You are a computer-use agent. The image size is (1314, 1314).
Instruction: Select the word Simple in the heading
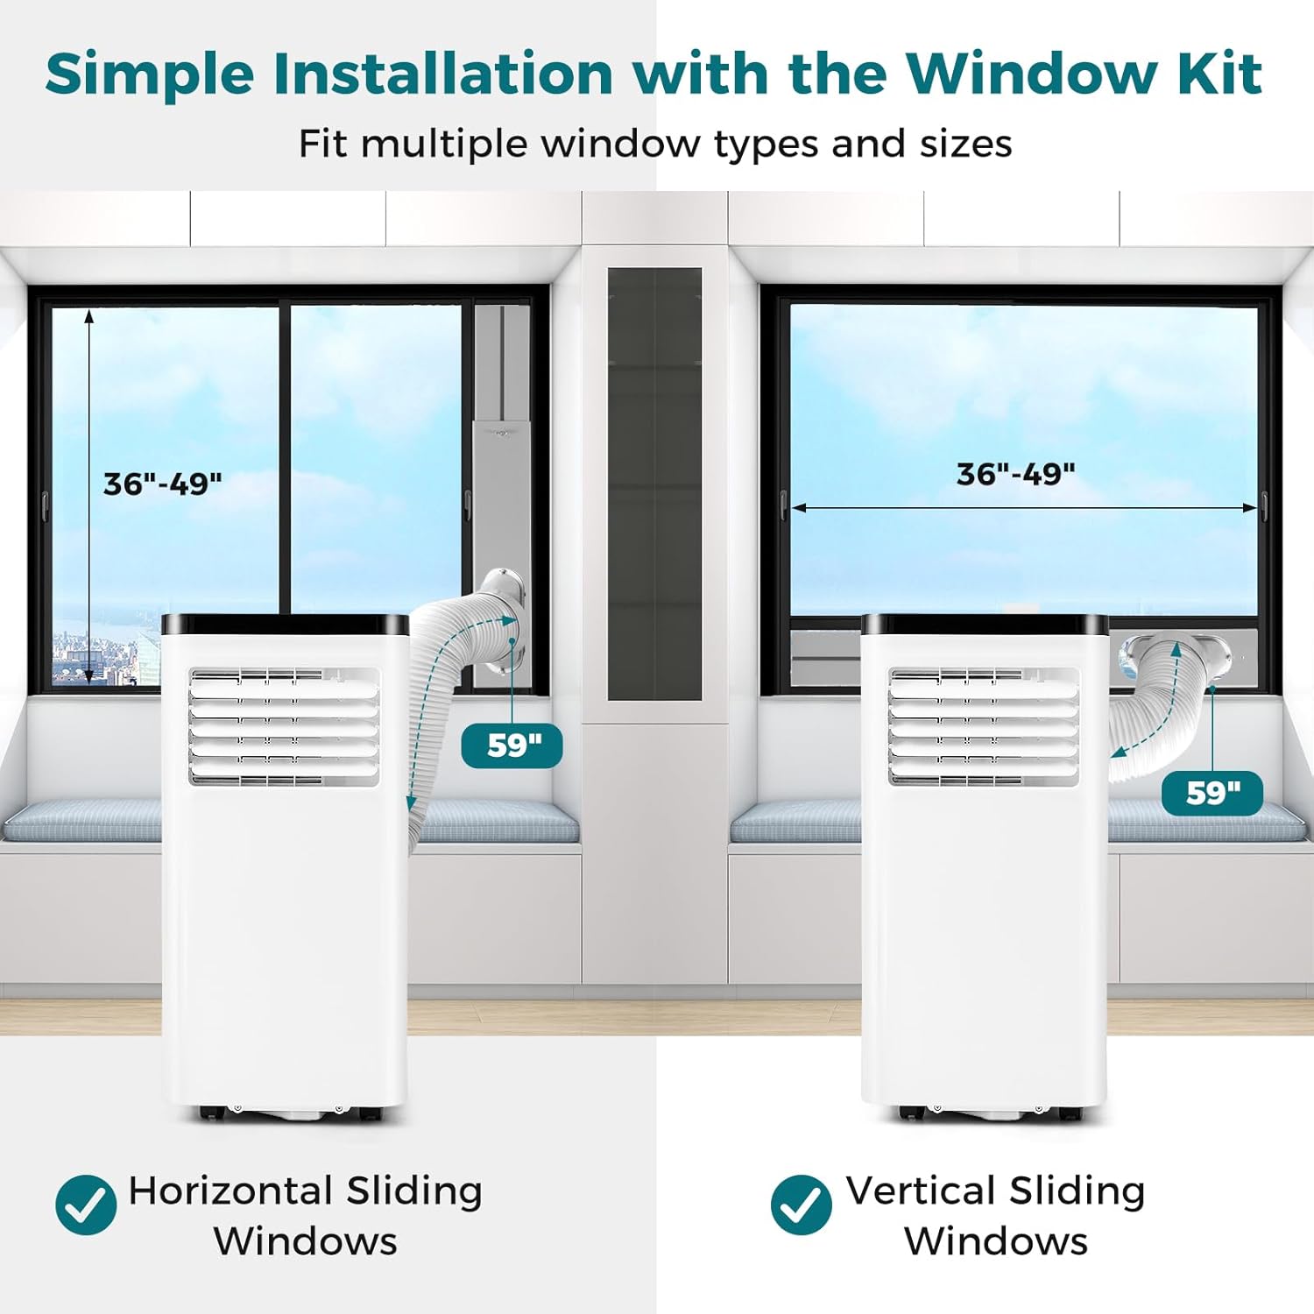150,74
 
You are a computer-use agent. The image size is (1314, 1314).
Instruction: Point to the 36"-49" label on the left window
163,484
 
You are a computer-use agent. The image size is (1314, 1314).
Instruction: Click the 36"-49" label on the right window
1015,474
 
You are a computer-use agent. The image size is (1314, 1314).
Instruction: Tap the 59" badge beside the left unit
512,745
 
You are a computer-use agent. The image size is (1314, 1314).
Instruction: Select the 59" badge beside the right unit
1212,793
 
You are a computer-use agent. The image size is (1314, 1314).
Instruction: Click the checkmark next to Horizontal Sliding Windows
86,1204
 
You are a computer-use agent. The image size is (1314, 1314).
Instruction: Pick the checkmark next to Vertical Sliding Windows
801,1204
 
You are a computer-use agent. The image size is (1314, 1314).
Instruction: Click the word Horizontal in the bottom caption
230,1190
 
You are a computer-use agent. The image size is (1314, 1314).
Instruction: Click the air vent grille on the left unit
285,726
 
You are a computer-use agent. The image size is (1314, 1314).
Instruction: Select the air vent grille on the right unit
984,726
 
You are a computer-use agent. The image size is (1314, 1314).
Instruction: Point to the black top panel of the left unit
285,624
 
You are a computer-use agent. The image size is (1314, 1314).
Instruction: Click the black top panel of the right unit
985,624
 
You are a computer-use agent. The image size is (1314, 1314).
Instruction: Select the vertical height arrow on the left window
88,495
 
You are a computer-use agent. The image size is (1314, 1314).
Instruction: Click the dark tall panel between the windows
654,484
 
